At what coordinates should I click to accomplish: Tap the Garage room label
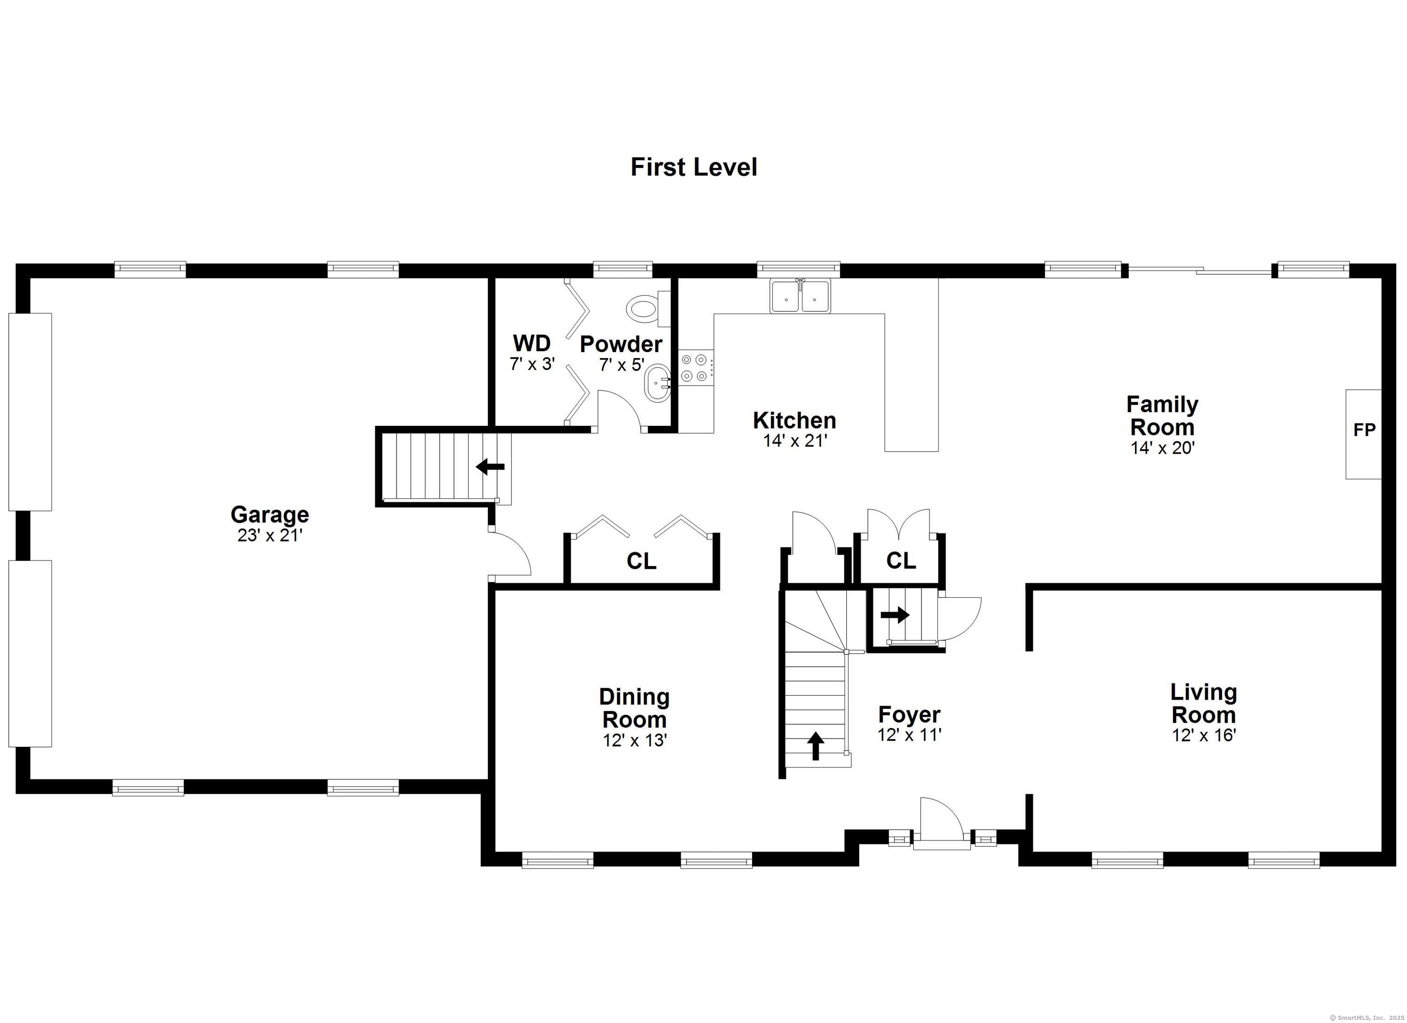(269, 514)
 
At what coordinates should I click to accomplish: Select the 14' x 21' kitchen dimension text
(795, 441)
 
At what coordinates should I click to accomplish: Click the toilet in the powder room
(645, 308)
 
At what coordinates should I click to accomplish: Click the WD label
(532, 343)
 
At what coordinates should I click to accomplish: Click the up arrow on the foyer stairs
(815, 745)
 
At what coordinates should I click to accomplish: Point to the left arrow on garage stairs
(490, 467)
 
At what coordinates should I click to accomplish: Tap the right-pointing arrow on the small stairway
(894, 615)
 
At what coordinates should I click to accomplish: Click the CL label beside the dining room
(641, 561)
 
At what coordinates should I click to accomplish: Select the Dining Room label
(634, 708)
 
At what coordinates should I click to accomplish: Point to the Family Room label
(1162, 416)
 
